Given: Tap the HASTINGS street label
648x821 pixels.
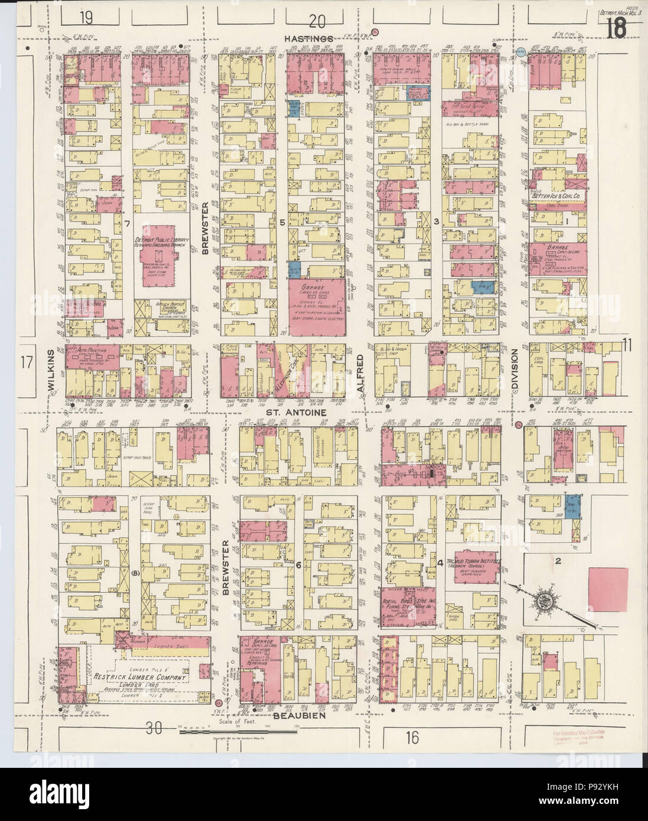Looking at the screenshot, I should (305, 38).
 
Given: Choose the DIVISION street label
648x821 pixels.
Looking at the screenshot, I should (514, 367).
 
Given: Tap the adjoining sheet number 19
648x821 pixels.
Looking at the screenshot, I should (87, 18).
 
